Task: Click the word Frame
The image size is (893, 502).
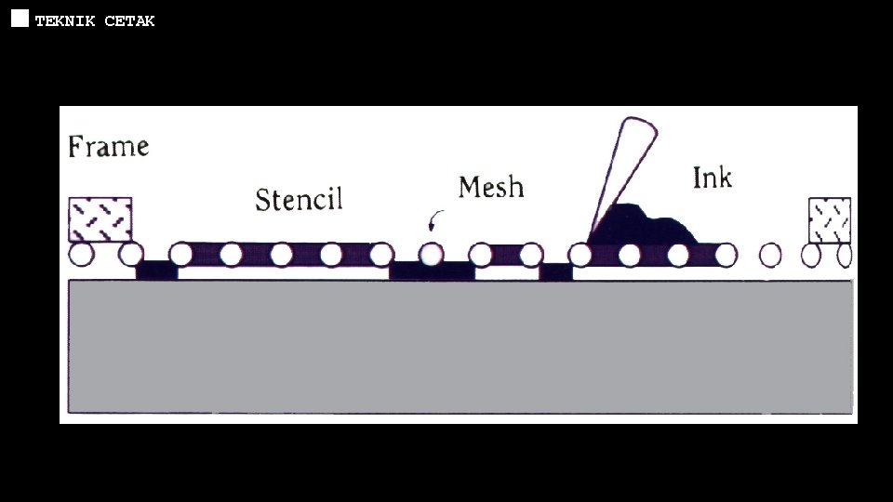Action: click(108, 146)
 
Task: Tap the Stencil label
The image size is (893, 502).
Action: click(299, 199)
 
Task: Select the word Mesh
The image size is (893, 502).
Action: click(490, 187)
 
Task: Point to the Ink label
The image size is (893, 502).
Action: click(712, 177)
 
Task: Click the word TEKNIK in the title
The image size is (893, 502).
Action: click(65, 20)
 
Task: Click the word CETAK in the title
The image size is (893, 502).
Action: click(129, 20)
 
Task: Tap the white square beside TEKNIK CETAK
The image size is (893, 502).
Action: click(20, 20)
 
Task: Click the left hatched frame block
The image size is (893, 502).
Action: click(100, 219)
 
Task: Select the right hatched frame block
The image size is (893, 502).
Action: click(829, 219)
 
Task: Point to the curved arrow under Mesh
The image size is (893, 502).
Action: click(433, 219)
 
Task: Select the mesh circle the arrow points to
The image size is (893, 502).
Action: click(431, 254)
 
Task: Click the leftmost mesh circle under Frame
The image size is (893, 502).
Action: click(81, 253)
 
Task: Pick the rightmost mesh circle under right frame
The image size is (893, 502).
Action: click(845, 254)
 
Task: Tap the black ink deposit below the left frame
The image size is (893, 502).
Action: click(156, 271)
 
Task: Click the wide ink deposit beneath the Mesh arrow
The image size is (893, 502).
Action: click(432, 271)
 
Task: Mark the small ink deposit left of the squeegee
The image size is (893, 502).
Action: click(556, 271)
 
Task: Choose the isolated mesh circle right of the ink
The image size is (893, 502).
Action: click(770, 254)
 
